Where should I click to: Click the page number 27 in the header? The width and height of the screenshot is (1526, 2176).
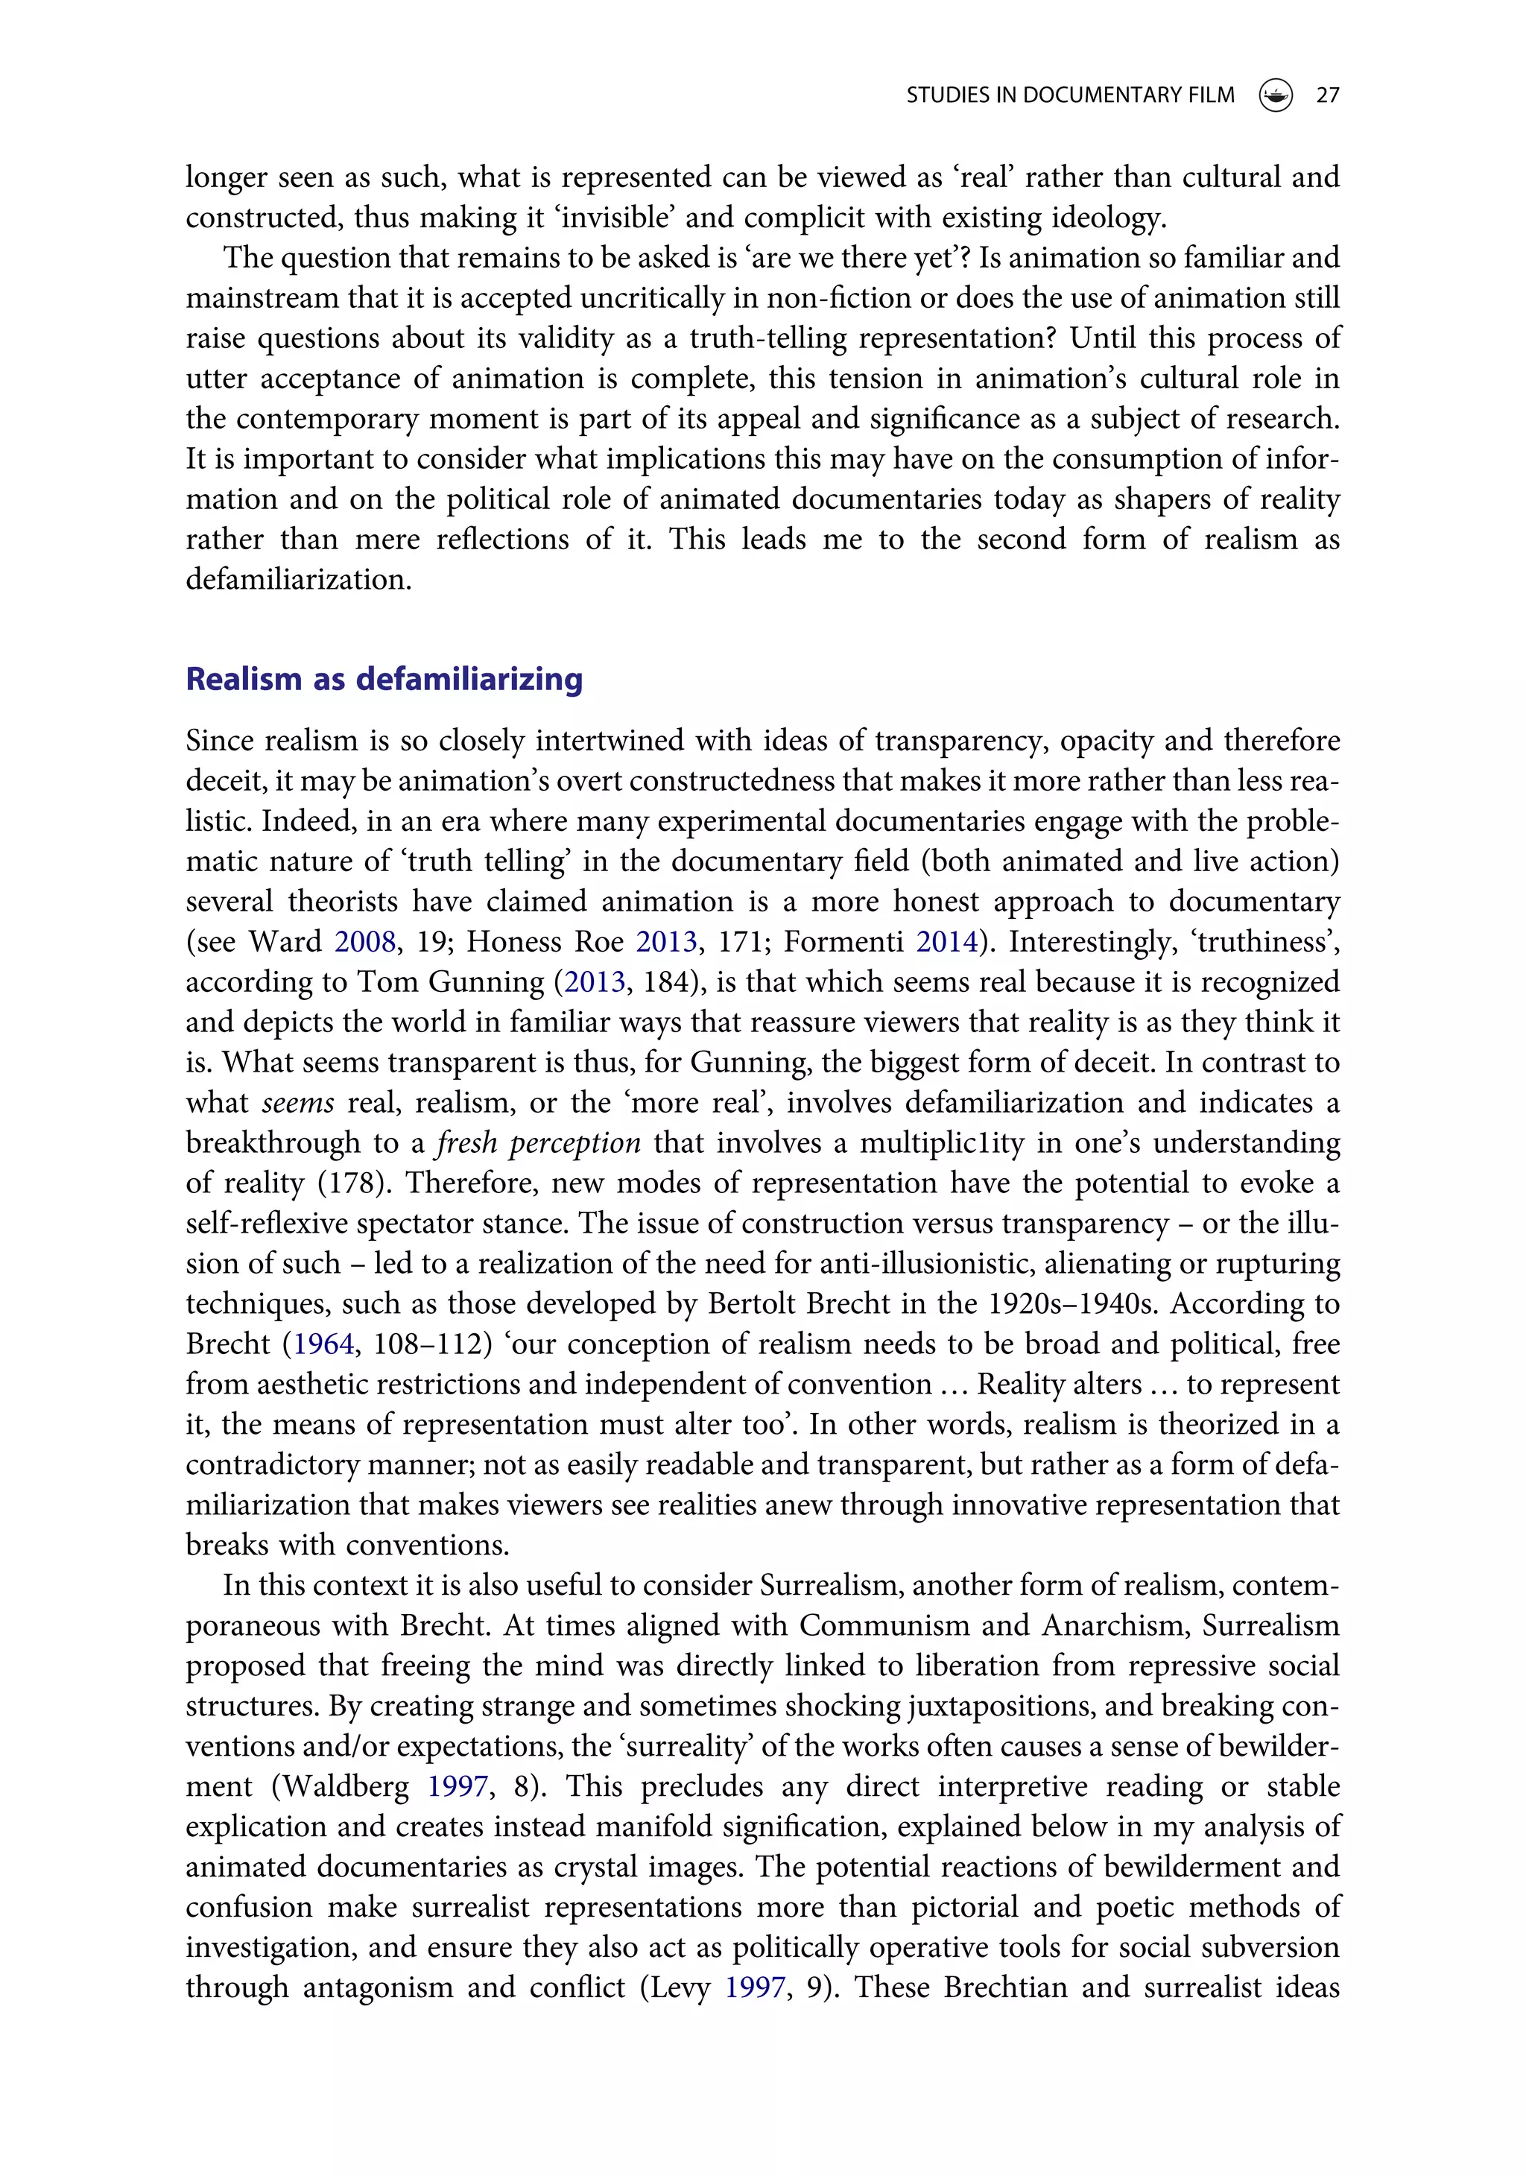(1327, 95)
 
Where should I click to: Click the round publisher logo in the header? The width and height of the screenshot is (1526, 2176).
(1276, 95)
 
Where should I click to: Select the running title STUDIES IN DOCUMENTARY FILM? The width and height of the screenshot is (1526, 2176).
(1070, 95)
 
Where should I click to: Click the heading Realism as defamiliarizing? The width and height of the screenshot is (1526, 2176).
(384, 680)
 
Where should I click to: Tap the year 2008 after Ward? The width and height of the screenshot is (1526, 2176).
(365, 941)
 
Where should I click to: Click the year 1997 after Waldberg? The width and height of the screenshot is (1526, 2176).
(457, 1786)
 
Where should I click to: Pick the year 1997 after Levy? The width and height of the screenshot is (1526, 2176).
(755, 1987)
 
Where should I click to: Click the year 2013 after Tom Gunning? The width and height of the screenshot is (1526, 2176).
(595, 982)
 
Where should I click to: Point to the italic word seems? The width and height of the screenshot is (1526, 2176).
(297, 1103)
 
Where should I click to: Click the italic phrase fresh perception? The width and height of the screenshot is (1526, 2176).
(539, 1143)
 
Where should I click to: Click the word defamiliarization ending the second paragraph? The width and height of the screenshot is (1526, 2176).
(299, 579)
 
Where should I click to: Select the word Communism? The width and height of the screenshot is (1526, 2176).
(884, 1625)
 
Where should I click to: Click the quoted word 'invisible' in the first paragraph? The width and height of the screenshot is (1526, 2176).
(616, 218)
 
